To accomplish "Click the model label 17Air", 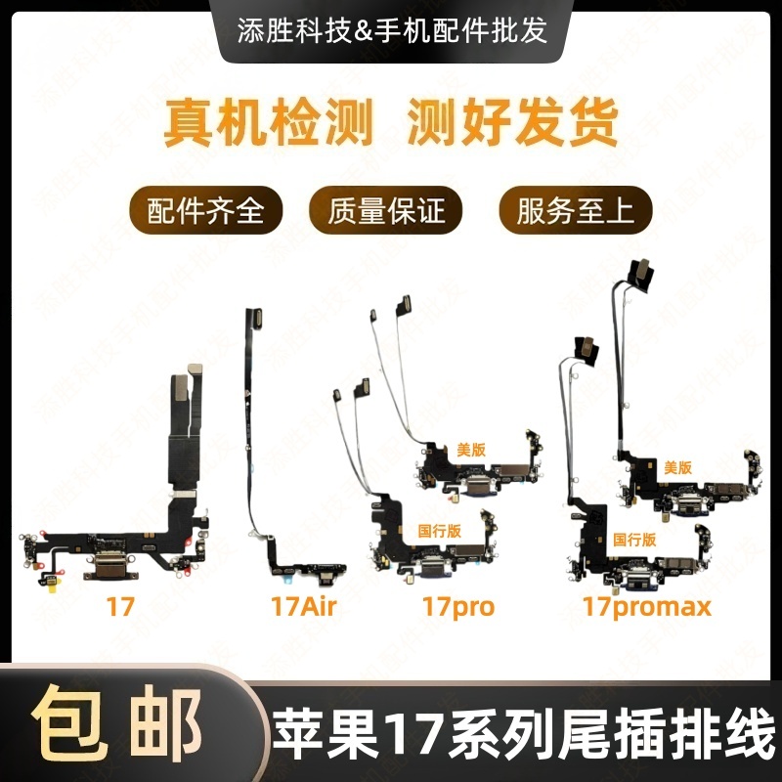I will coord(303,607).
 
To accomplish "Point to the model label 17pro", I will coord(458,607).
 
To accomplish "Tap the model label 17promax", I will coord(646,607).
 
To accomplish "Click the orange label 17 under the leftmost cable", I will coord(121,607).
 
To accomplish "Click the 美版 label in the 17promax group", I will coord(677,468).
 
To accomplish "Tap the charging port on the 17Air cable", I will coord(311,565).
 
